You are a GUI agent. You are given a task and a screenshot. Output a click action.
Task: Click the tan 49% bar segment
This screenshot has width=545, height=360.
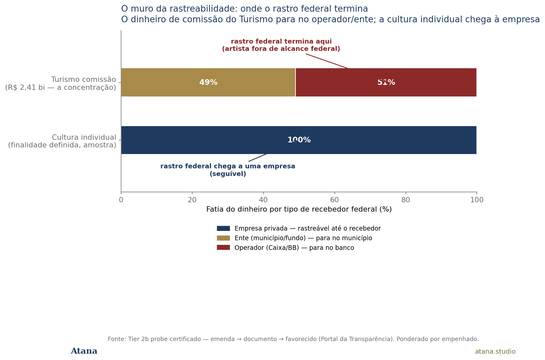click(x=208, y=83)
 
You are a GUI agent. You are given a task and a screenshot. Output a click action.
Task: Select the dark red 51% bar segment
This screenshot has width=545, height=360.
click(x=386, y=83)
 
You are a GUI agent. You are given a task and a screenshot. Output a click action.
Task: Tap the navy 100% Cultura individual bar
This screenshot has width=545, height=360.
click(x=299, y=140)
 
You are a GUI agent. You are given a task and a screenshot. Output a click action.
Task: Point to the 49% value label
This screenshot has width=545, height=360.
click(x=208, y=83)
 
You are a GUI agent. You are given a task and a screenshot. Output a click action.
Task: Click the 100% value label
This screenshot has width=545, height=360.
click(x=299, y=140)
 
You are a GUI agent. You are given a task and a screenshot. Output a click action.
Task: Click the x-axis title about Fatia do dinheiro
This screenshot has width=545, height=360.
click(x=299, y=209)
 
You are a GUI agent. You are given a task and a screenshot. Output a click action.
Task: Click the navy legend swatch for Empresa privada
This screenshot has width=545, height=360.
click(x=223, y=228)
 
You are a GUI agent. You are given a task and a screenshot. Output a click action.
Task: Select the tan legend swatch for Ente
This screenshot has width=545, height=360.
click(x=223, y=238)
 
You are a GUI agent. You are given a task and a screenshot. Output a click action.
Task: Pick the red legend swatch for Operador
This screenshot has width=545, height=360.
click(x=223, y=248)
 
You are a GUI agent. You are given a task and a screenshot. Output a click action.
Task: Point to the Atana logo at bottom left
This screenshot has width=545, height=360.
click(x=84, y=351)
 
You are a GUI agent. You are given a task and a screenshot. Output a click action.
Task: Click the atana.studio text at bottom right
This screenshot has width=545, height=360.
click(x=495, y=351)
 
